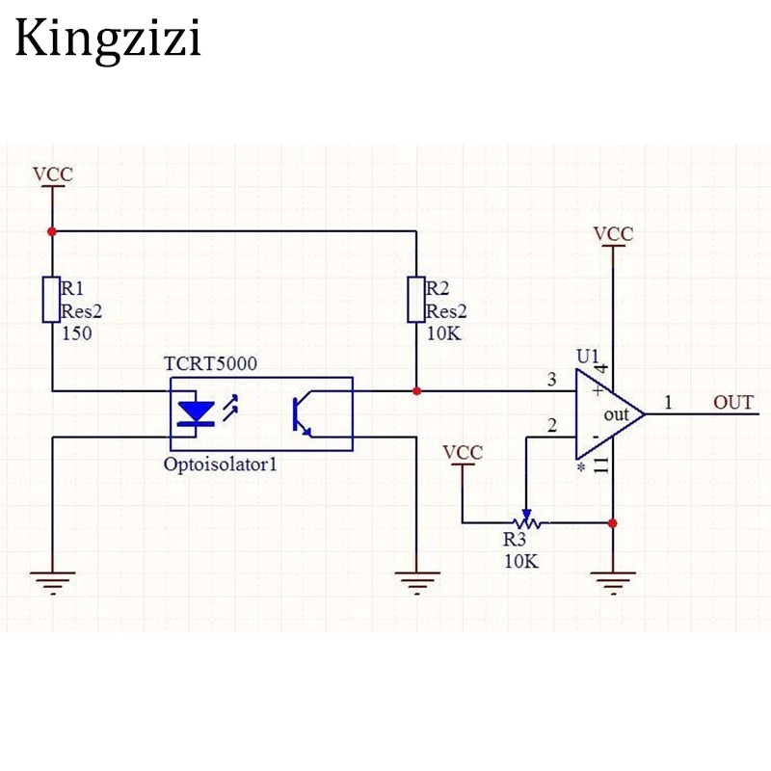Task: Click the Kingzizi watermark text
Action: click(107, 40)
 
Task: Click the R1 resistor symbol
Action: click(52, 299)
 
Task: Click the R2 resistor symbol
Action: click(416, 299)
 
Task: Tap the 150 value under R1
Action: click(76, 333)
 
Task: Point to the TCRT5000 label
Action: click(209, 365)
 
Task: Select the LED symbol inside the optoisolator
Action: click(199, 413)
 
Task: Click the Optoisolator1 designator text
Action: click(220, 465)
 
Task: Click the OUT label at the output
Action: click(733, 402)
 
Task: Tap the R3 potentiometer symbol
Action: click(527, 521)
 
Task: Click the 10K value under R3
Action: click(521, 561)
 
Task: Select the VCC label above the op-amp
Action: click(613, 234)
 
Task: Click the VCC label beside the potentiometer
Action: click(463, 452)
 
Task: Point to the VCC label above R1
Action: click(52, 174)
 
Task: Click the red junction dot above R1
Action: click(52, 231)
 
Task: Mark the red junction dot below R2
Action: click(416, 391)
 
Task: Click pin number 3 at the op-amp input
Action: click(551, 379)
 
